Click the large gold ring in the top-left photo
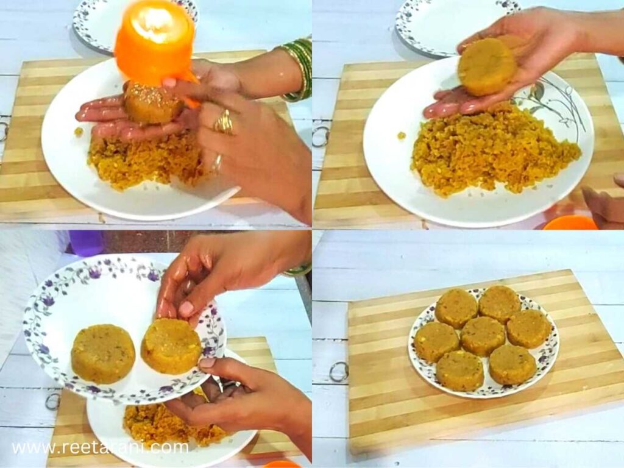point(224,124)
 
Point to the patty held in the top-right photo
point(488,66)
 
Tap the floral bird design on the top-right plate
point(551,104)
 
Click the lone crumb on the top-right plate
point(402,135)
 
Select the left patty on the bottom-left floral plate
point(103,353)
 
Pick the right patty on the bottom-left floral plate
point(171,346)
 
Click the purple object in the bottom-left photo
point(86,242)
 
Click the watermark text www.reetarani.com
point(101,447)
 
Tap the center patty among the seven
point(482,336)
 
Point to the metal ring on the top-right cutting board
point(321,136)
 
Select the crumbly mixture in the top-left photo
point(146,161)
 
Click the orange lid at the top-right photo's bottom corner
point(570,223)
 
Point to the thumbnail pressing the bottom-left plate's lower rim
point(208,363)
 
